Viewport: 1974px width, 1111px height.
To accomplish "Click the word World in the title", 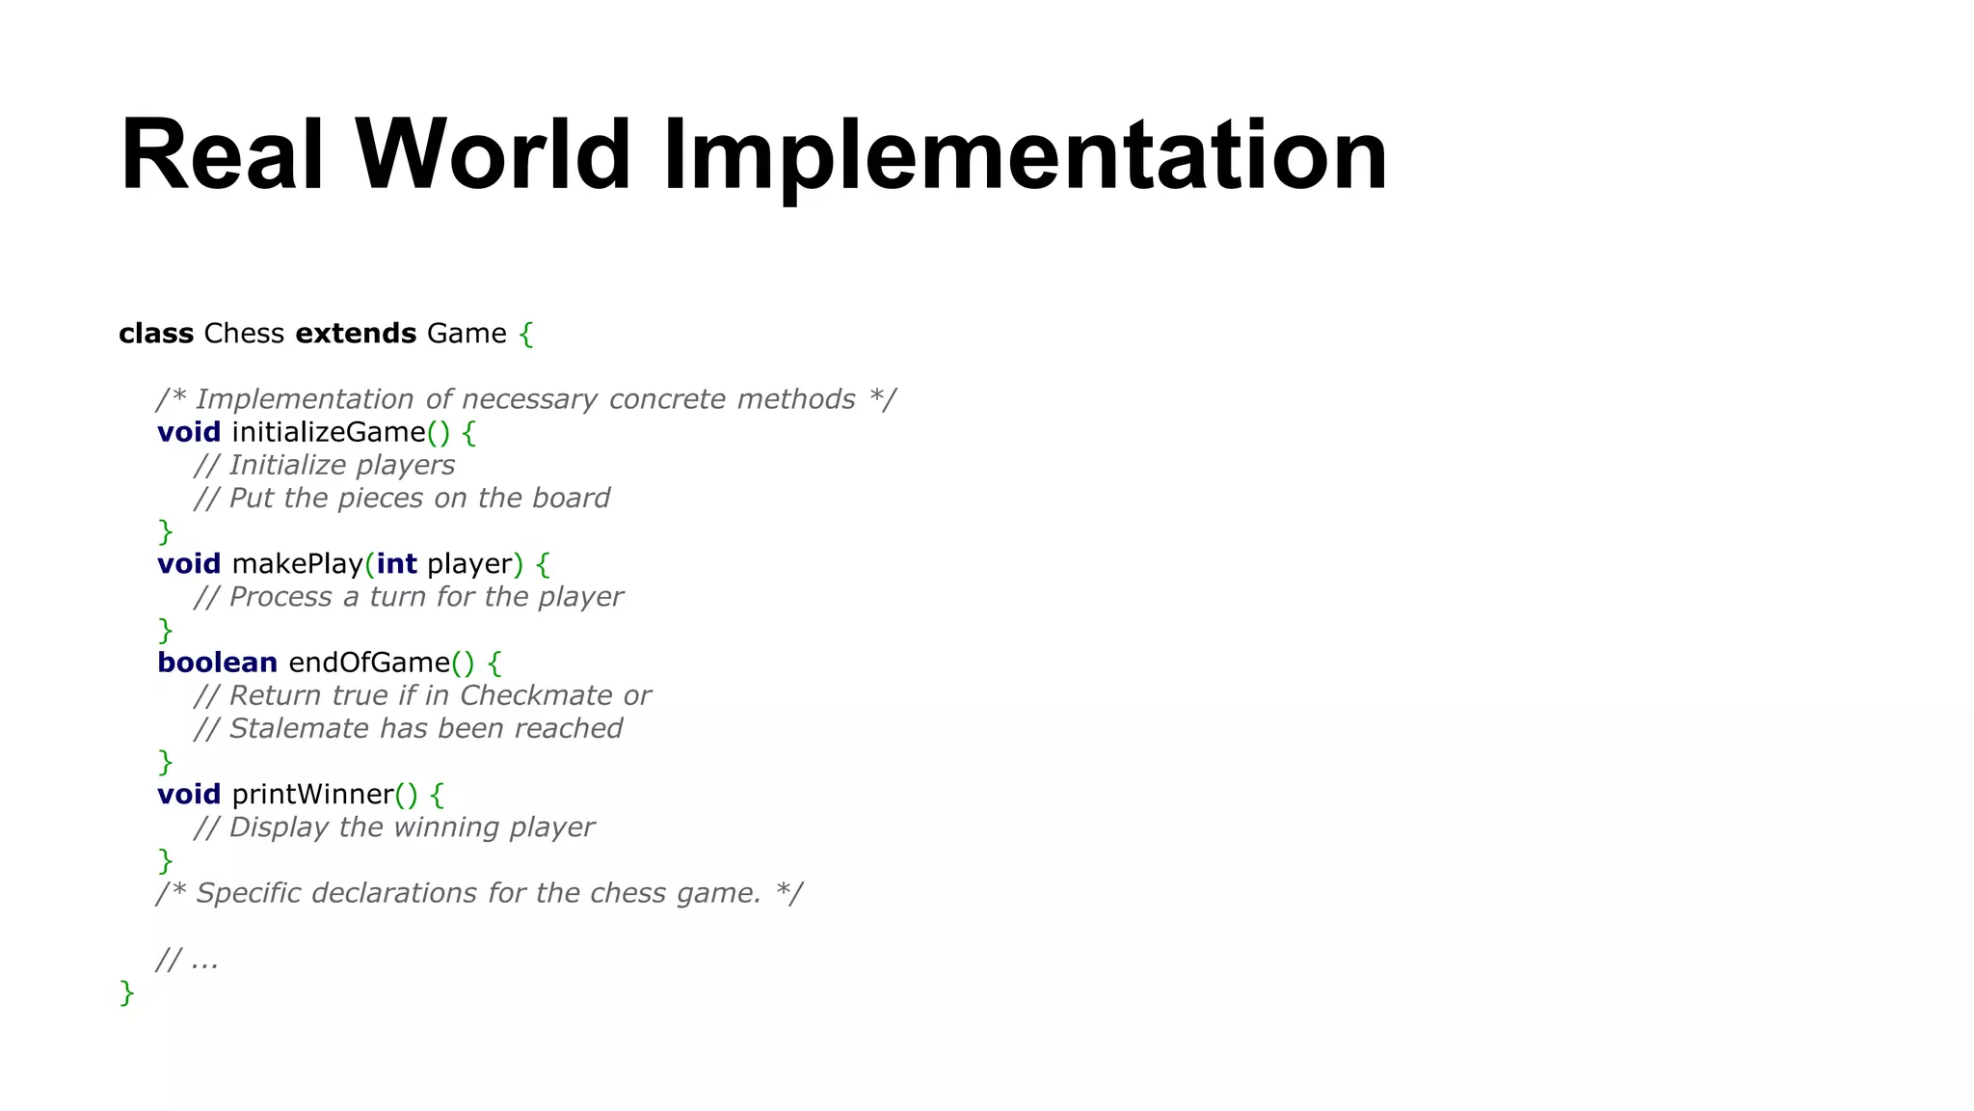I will pyautogui.click(x=493, y=155).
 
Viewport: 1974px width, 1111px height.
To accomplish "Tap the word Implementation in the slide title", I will pyautogui.click(x=1025, y=155).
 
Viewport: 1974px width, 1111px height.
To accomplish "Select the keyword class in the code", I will pyautogui.click(x=156, y=334).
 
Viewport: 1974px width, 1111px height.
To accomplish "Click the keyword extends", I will pyautogui.click(x=356, y=334).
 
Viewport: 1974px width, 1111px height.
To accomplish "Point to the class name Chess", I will pyautogui.click(x=244, y=334).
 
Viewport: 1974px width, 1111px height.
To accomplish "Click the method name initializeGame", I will pyautogui.click(x=329, y=432).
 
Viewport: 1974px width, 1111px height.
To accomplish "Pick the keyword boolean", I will pyautogui.click(x=217, y=663).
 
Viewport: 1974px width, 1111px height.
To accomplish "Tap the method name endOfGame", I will pyautogui.click(x=369, y=663).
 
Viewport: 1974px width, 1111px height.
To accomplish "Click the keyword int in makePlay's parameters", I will pyautogui.click(x=396, y=564).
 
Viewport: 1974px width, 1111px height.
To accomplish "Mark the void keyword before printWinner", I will pyautogui.click(x=189, y=795).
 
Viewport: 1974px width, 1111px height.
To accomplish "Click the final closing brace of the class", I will pyautogui.click(x=126, y=992).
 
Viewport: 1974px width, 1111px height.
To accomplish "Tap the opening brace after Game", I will pyautogui.click(x=525, y=335).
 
